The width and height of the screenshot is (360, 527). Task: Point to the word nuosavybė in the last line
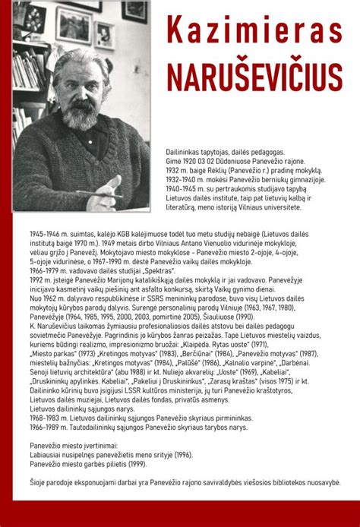click(x=315, y=480)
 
